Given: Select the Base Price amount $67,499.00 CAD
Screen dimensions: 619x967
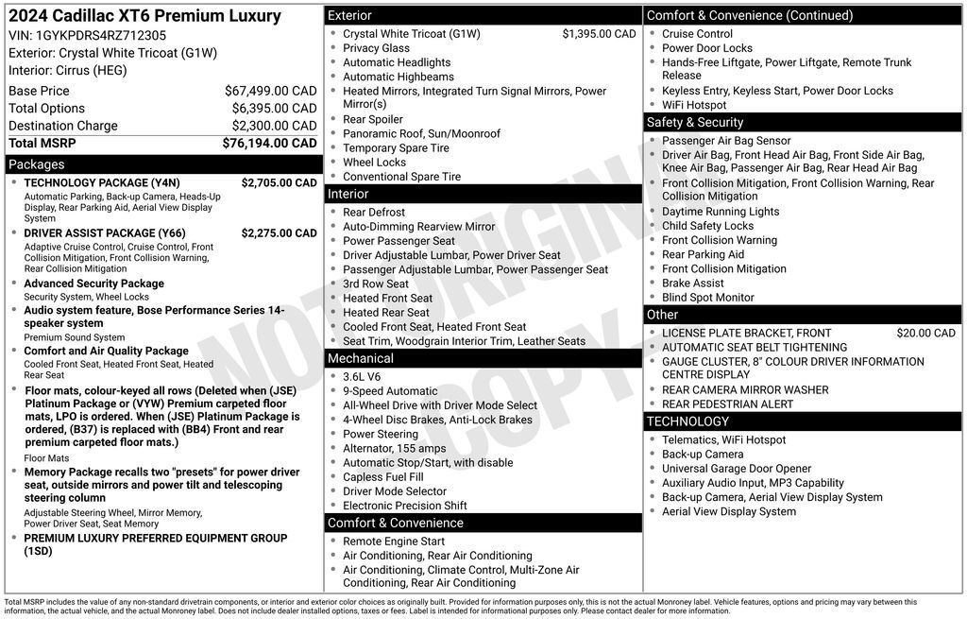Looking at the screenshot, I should (270, 91).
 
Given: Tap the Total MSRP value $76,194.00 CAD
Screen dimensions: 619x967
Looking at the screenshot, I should (269, 144).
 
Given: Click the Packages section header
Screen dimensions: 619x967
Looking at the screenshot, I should (37, 164).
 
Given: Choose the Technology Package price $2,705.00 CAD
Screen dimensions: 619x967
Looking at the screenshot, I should (279, 183).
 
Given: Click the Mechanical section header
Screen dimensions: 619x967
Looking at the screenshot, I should (360, 358).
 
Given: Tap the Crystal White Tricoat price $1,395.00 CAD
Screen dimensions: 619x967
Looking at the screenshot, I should (599, 34).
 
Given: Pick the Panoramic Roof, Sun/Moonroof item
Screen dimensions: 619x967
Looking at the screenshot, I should (408, 134).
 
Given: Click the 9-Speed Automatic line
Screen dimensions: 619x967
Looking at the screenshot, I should (390, 391).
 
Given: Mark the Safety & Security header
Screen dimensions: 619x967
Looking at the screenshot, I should (695, 122).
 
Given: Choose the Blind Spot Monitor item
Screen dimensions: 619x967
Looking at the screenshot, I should (707, 298).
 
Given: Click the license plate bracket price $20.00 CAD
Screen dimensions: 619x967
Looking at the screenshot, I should (925, 334).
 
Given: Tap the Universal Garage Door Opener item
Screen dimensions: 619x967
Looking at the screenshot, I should (736, 469).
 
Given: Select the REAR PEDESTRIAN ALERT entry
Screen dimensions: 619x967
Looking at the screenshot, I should (727, 404).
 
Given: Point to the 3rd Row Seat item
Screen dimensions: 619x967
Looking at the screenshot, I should (376, 284).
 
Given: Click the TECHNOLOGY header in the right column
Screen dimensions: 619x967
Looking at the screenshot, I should (687, 421).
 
